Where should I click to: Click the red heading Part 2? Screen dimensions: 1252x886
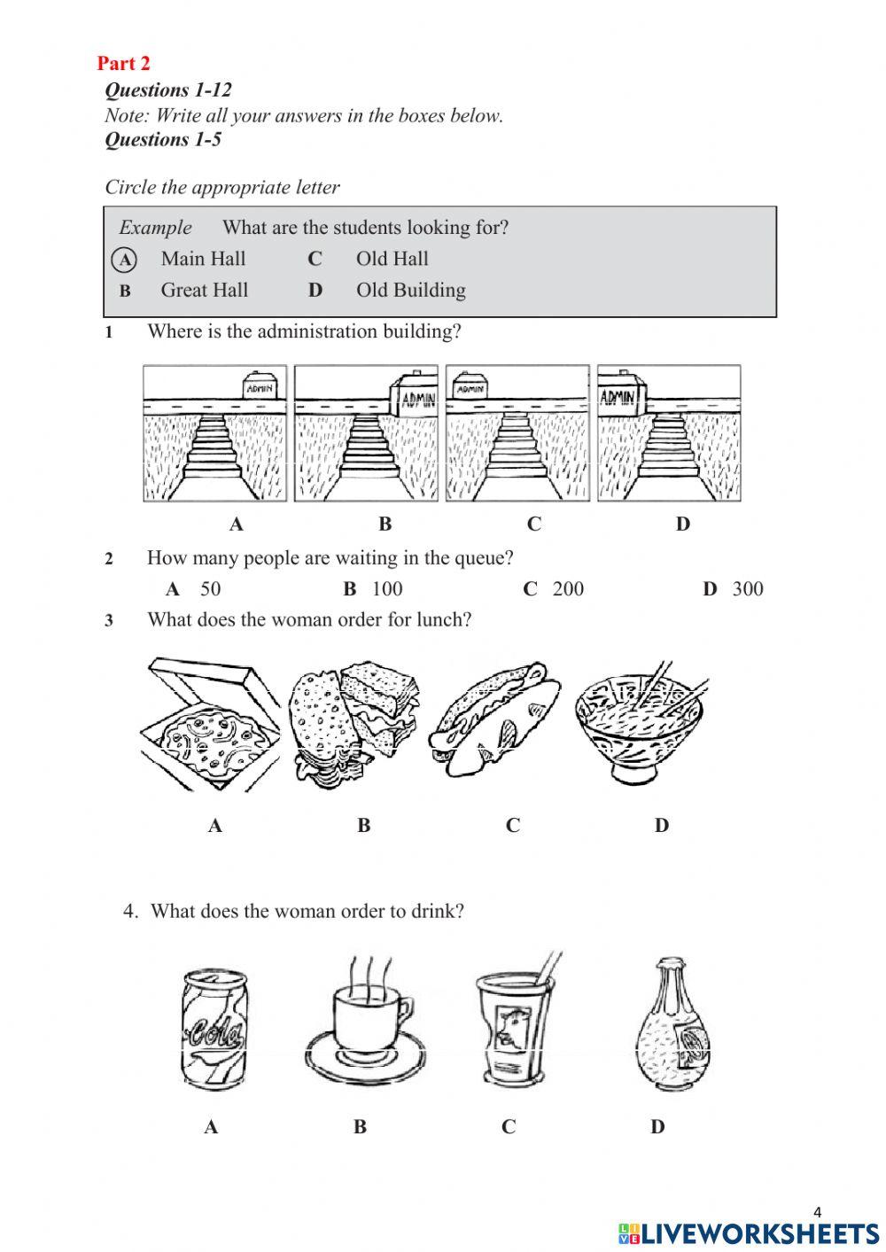point(123,63)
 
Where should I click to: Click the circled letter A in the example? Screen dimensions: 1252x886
point(125,260)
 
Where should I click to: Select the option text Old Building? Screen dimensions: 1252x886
point(410,290)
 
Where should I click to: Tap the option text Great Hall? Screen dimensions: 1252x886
point(204,290)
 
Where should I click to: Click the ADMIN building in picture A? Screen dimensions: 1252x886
point(261,385)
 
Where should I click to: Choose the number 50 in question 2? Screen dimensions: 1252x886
point(210,588)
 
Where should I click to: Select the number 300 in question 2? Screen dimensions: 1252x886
point(747,588)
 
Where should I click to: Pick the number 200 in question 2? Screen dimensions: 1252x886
point(568,588)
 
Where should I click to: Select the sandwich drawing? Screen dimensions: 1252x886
point(354,722)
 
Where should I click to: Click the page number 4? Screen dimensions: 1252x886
point(817,1211)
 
